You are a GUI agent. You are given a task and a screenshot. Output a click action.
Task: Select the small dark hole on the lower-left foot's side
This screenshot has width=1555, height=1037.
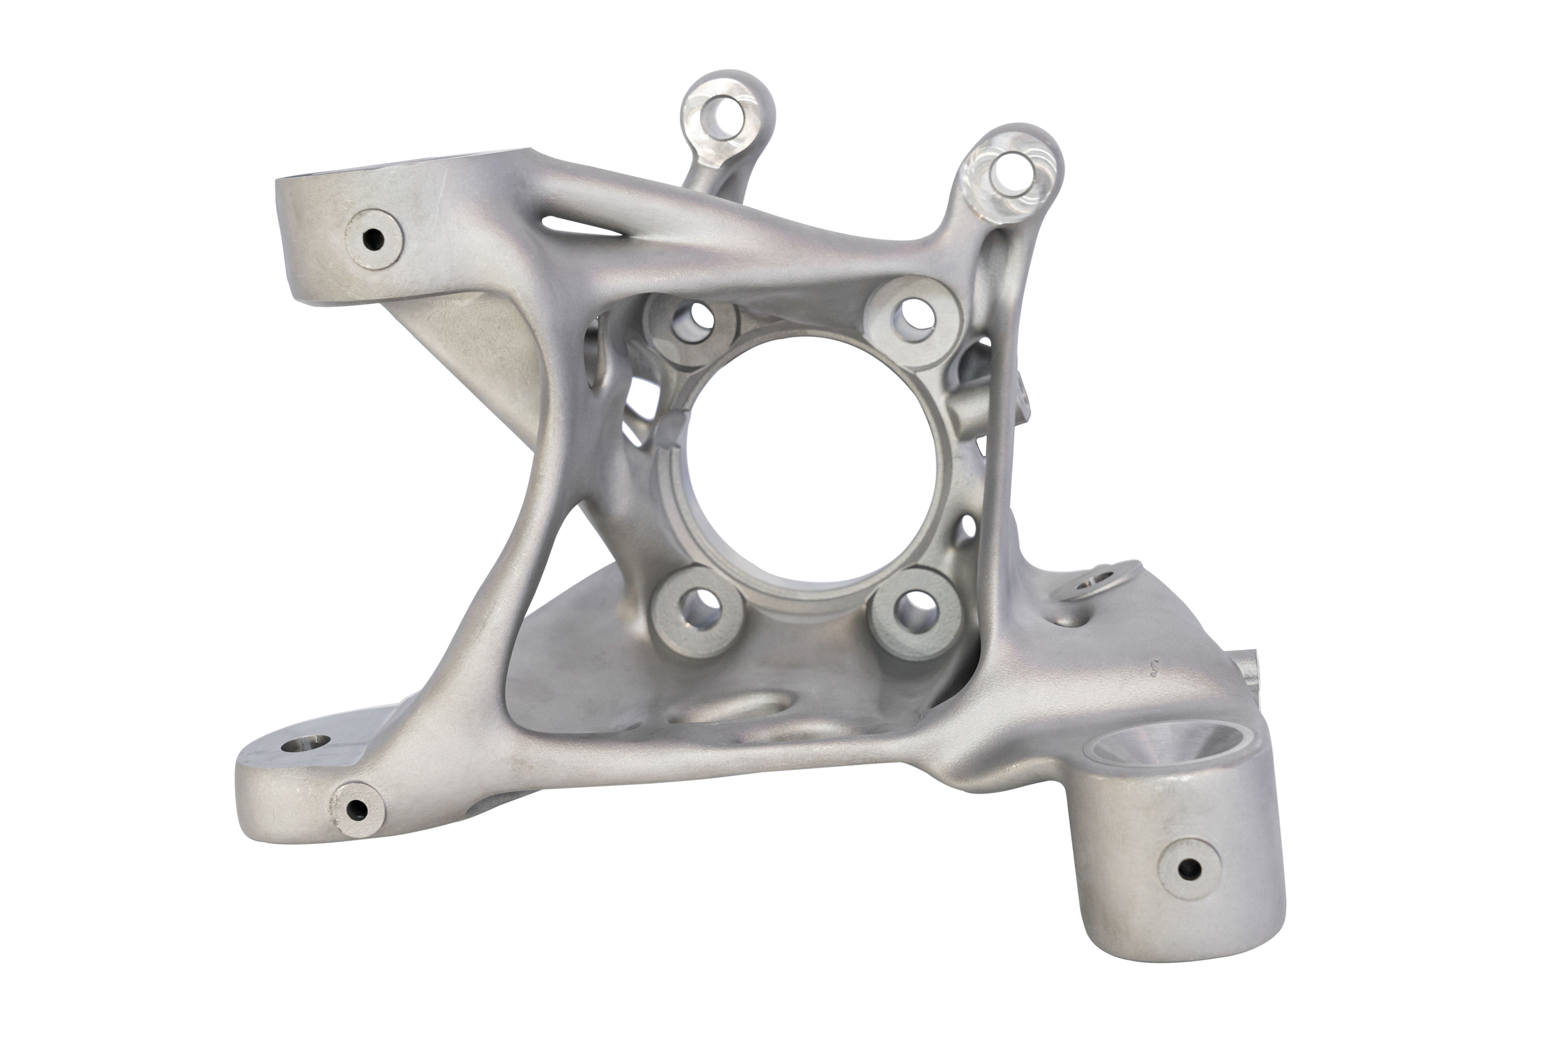tap(356, 808)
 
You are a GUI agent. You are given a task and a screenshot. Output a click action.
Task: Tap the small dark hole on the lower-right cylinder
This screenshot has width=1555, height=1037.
tap(1190, 867)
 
